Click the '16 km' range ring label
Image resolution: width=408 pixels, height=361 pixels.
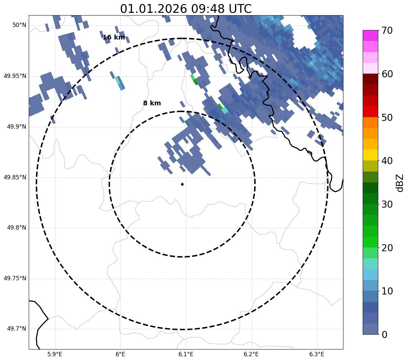tap(114, 37)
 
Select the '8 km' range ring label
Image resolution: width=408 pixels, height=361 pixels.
tap(152, 103)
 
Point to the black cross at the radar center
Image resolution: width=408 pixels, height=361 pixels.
tap(182, 184)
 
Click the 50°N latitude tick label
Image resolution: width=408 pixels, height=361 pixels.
tap(20, 25)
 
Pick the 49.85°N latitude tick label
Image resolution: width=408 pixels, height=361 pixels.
tap(15, 177)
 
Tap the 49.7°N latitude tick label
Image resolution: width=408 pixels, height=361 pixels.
tap(17, 329)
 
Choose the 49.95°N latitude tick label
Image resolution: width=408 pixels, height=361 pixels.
tap(15, 76)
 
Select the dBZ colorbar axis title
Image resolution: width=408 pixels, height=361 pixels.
tap(400, 183)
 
